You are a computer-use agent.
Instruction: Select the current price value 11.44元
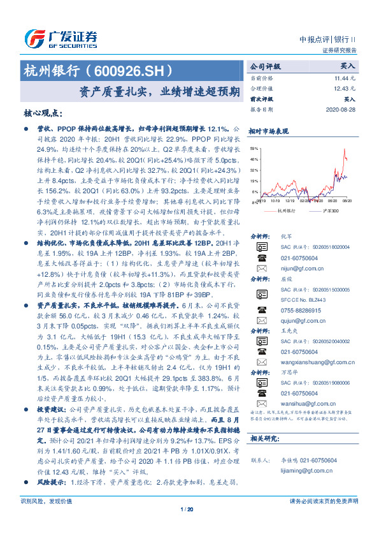click(345, 77)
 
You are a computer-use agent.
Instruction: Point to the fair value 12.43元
click(345, 88)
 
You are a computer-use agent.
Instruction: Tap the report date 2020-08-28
click(341, 109)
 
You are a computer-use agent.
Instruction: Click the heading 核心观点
click(44, 113)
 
